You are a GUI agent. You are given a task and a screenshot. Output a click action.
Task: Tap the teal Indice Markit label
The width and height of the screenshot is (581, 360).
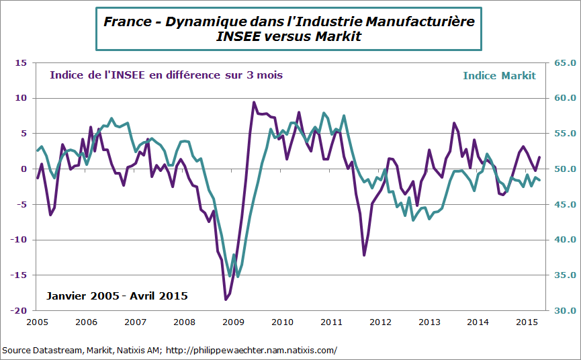[x=499, y=75]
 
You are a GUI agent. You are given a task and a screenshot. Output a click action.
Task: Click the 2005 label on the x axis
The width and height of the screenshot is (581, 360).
[x=38, y=322]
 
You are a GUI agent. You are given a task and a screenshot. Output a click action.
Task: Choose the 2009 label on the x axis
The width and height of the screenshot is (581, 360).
[x=234, y=322]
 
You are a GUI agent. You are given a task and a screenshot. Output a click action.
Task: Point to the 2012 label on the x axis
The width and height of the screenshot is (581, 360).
[x=381, y=322]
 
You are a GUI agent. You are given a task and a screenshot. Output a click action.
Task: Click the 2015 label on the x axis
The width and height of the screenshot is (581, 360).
[x=528, y=322]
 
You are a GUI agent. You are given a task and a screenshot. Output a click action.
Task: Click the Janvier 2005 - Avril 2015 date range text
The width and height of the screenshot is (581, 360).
[x=117, y=296]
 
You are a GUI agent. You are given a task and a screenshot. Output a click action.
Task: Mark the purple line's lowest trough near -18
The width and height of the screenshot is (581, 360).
[x=226, y=299]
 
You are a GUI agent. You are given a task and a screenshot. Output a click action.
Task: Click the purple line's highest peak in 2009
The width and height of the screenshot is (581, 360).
[x=254, y=103]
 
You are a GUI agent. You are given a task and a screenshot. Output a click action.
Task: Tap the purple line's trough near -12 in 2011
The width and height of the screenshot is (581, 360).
[x=364, y=255]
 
